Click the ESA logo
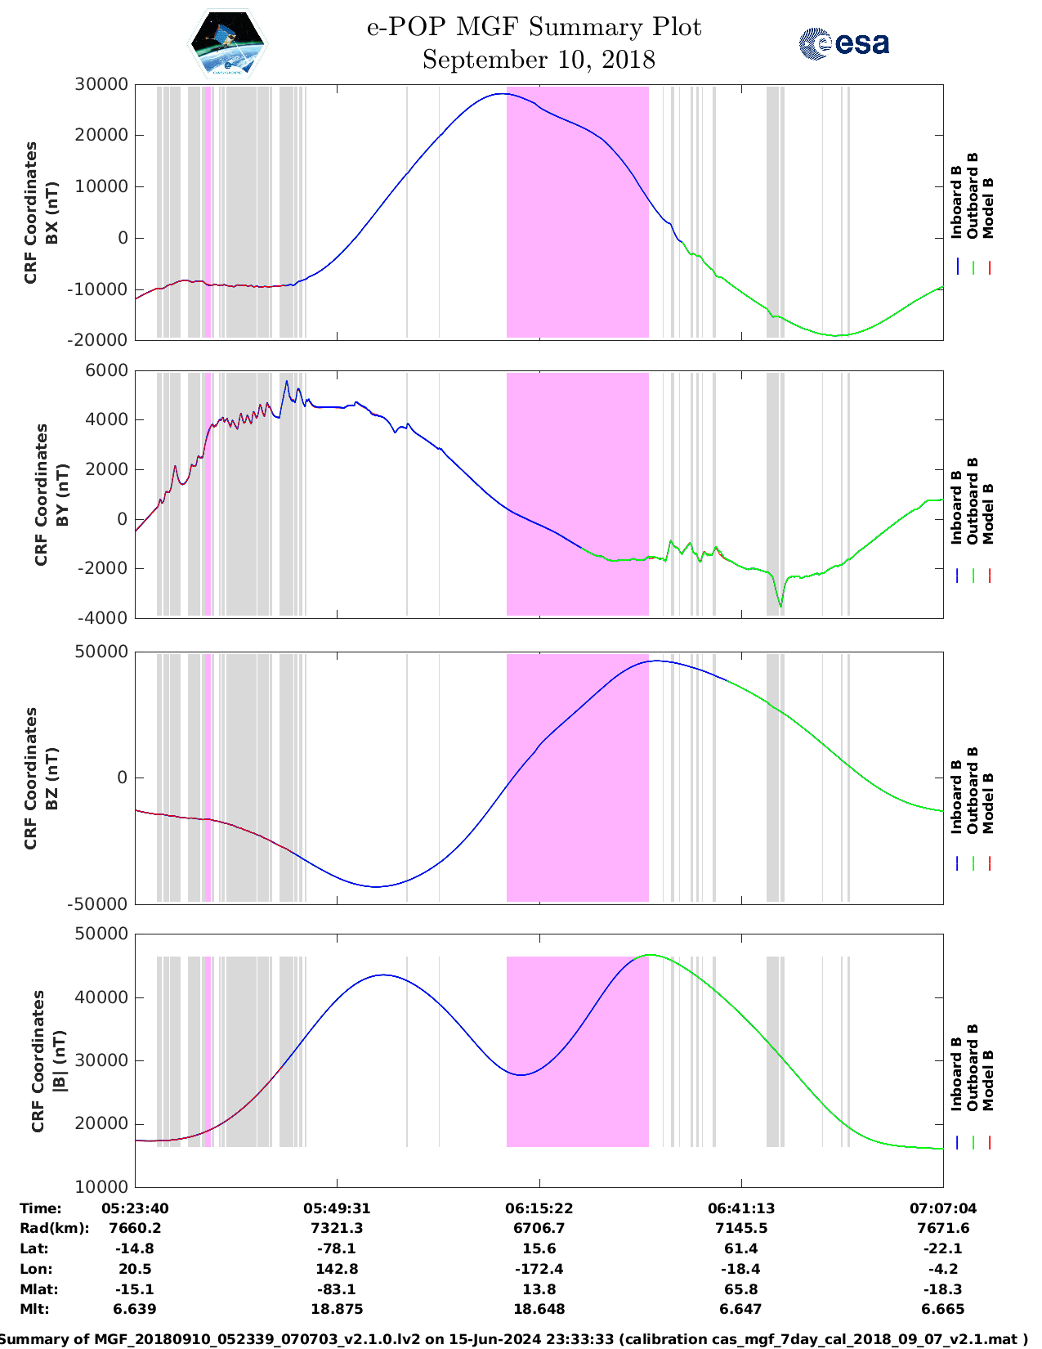point(844,43)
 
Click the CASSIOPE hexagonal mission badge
point(227,43)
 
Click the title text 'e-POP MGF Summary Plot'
point(534,27)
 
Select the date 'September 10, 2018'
point(539,60)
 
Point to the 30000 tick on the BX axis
point(101,84)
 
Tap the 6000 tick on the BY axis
point(107,370)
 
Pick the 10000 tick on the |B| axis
point(101,1186)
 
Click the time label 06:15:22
point(539,1208)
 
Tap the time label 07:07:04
point(943,1208)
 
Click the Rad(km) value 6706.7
point(539,1228)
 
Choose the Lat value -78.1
point(336,1248)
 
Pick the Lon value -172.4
point(539,1269)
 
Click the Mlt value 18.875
point(336,1309)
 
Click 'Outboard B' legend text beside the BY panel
point(973,500)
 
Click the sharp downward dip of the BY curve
point(780,605)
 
